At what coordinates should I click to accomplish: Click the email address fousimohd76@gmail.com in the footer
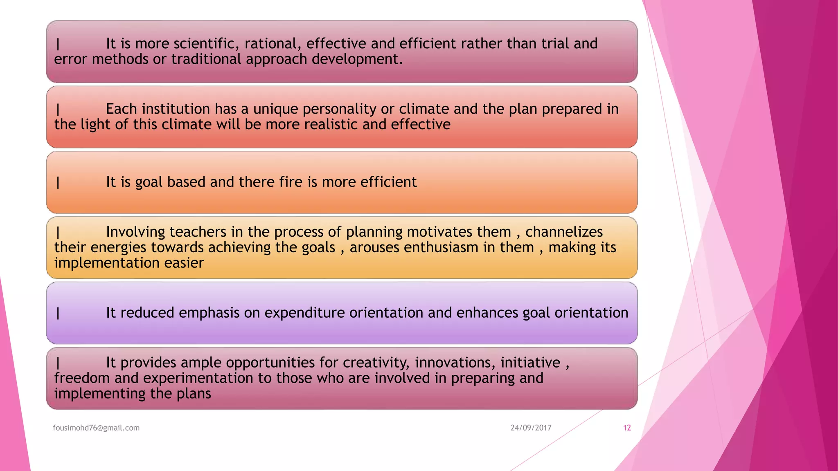point(96,428)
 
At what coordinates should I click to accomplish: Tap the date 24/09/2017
point(531,428)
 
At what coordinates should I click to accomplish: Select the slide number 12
point(627,428)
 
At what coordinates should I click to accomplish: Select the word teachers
point(198,232)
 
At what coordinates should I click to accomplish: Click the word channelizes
point(564,232)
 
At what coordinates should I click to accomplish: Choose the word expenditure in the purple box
point(305,313)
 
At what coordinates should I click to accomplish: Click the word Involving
point(135,232)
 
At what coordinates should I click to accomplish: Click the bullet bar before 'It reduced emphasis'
point(58,313)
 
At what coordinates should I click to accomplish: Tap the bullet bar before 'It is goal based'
point(58,182)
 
